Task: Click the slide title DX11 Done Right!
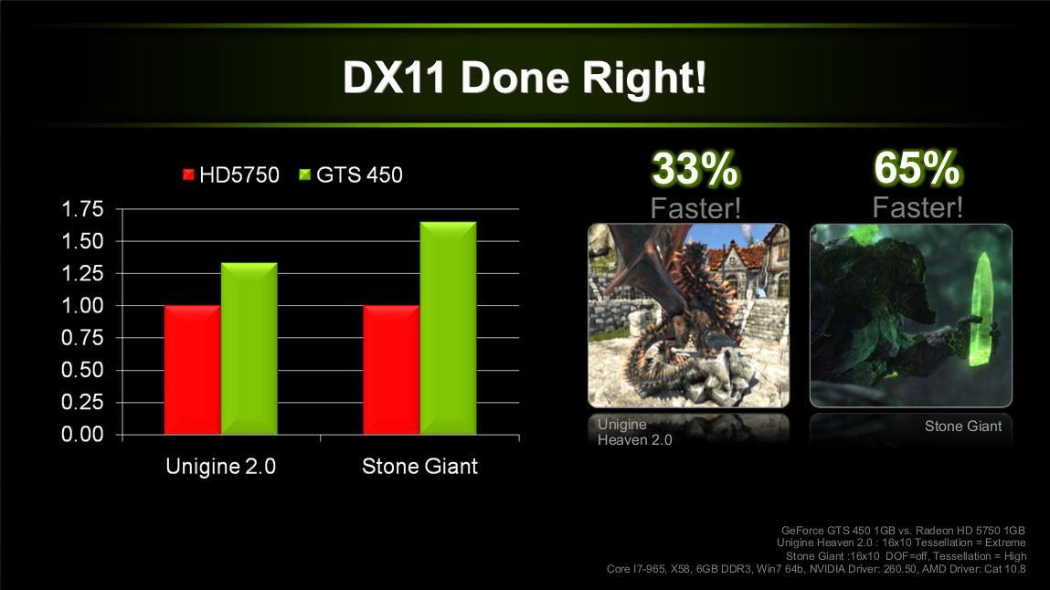tap(525, 78)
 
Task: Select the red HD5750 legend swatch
tap(188, 174)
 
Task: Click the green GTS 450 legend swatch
tap(304, 174)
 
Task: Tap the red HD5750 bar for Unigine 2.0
tap(192, 370)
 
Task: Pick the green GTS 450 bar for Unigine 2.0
tap(249, 349)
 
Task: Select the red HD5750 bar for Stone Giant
tap(391, 370)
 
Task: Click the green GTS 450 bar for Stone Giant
tap(448, 328)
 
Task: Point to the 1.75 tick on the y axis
tap(82, 209)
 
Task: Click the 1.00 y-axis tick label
tap(82, 306)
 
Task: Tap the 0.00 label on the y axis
tap(82, 434)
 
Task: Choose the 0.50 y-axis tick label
tap(82, 370)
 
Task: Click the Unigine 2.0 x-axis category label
tap(221, 467)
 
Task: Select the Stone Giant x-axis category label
tap(419, 467)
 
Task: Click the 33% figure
tap(695, 169)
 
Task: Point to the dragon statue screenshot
tap(688, 315)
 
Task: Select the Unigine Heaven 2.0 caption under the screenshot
tap(635, 432)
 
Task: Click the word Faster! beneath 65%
tap(917, 207)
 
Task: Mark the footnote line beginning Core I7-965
tap(816, 569)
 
